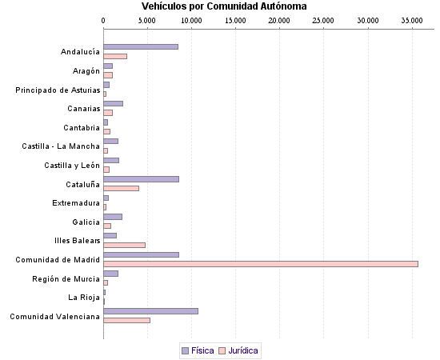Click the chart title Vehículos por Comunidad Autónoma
click(224, 6)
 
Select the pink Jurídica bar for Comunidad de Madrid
click(261, 263)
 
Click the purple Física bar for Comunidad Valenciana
click(150, 310)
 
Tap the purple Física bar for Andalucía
click(141, 46)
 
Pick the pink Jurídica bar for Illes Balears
click(124, 245)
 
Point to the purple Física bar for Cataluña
click(141, 178)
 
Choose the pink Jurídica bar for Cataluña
click(121, 188)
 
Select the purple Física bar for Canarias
click(113, 103)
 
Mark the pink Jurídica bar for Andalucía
click(115, 56)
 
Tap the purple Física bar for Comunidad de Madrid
click(141, 254)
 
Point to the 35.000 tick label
click(411, 18)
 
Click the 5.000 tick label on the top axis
click(147, 18)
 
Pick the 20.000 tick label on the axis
click(279, 18)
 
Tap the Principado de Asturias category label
click(58, 90)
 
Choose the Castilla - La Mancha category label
click(61, 146)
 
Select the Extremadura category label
click(76, 202)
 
